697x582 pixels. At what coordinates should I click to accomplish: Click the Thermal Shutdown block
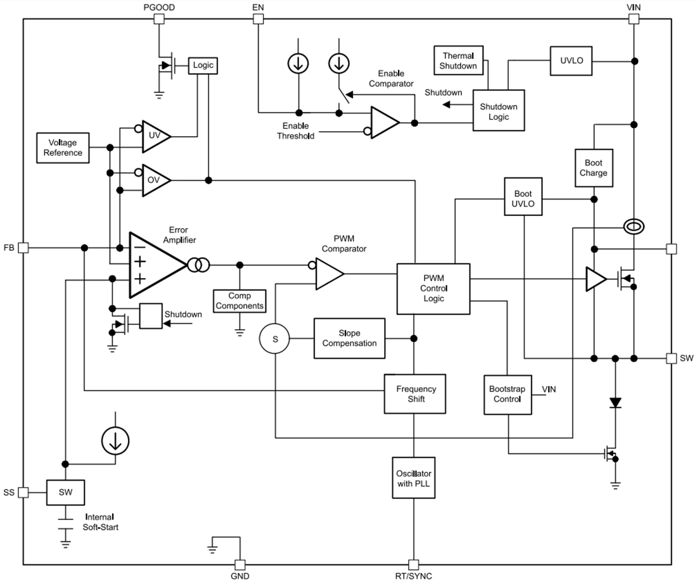pos(458,61)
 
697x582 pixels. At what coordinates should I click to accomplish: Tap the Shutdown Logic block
pos(499,111)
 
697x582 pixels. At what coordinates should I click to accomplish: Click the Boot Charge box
pos(594,168)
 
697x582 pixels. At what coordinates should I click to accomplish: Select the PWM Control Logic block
pos(433,289)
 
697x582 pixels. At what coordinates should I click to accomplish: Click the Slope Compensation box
pos(349,339)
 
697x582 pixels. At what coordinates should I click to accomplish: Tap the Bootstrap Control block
pos(508,394)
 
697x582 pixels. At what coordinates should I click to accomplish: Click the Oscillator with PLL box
pos(413,479)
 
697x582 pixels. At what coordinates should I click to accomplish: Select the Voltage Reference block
pos(63,148)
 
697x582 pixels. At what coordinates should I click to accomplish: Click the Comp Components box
pos(240,301)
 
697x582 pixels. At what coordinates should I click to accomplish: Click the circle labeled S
pos(275,339)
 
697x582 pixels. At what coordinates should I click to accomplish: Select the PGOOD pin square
pos(159,19)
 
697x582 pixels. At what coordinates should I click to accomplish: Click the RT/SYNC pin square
pos(413,564)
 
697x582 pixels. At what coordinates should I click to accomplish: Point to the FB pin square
pos(23,248)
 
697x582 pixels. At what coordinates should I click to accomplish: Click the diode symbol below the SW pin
pos(614,402)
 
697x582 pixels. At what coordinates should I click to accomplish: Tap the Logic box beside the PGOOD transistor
pos(203,65)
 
